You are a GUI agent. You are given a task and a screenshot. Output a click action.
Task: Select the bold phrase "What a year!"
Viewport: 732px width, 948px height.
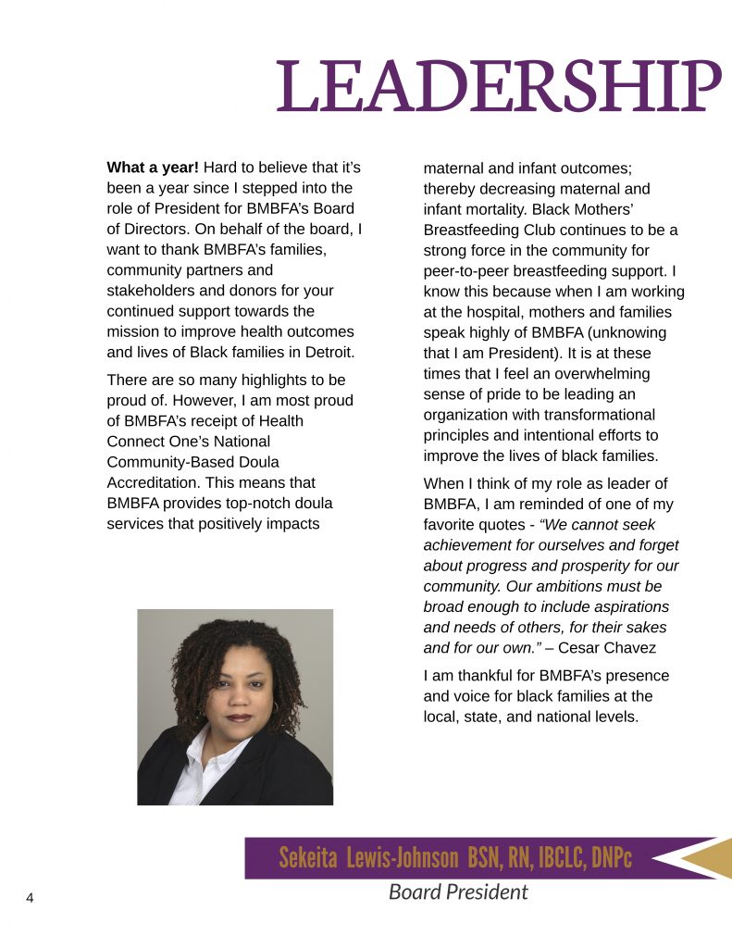click(x=153, y=168)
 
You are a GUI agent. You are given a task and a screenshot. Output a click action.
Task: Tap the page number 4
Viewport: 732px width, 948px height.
click(x=30, y=898)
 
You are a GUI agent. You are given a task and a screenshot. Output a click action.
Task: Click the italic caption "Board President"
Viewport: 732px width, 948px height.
click(x=458, y=892)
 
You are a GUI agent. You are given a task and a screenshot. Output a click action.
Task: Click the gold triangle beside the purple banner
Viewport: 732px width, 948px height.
click(x=708, y=857)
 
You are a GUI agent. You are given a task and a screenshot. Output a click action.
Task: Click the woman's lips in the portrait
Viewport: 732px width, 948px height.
click(x=240, y=717)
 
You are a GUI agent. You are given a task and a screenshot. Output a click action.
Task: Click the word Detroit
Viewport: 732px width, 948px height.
click(x=327, y=352)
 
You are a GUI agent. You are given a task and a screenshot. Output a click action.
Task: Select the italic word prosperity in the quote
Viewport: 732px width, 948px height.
click(x=599, y=566)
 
